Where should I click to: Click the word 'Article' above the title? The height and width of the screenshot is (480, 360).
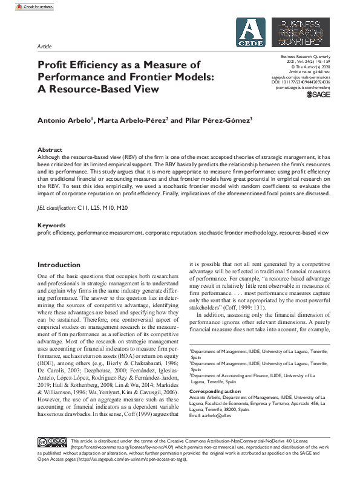(44, 46)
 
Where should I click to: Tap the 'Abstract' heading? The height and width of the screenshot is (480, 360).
(50, 149)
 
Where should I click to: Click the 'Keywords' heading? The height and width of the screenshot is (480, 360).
(51, 225)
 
